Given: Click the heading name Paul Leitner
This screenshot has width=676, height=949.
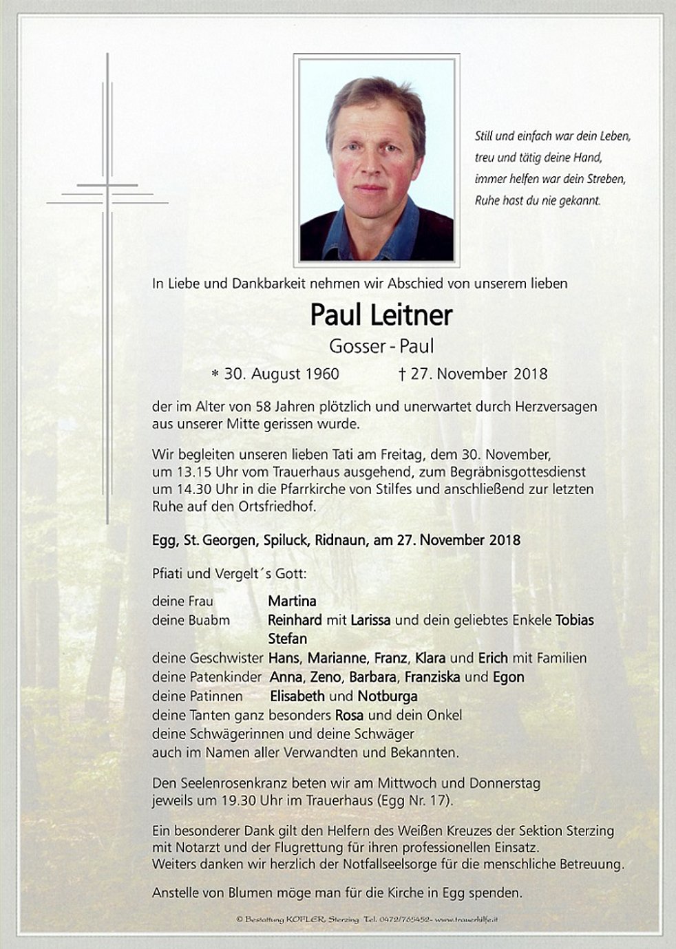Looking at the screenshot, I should (x=381, y=315).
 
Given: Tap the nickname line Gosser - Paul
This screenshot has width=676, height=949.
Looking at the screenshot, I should (x=381, y=346).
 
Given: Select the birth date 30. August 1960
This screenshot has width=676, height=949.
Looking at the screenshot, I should (x=282, y=374).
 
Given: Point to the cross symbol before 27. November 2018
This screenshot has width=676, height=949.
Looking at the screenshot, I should (x=402, y=374).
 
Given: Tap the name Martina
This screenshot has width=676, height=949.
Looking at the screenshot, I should (x=292, y=601).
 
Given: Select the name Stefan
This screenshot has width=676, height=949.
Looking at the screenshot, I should (x=287, y=638).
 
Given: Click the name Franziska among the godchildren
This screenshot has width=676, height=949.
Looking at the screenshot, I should (x=432, y=676).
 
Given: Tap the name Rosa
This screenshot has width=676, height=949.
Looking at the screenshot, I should (x=349, y=714).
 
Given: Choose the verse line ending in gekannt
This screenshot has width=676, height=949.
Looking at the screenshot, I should (x=538, y=201).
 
